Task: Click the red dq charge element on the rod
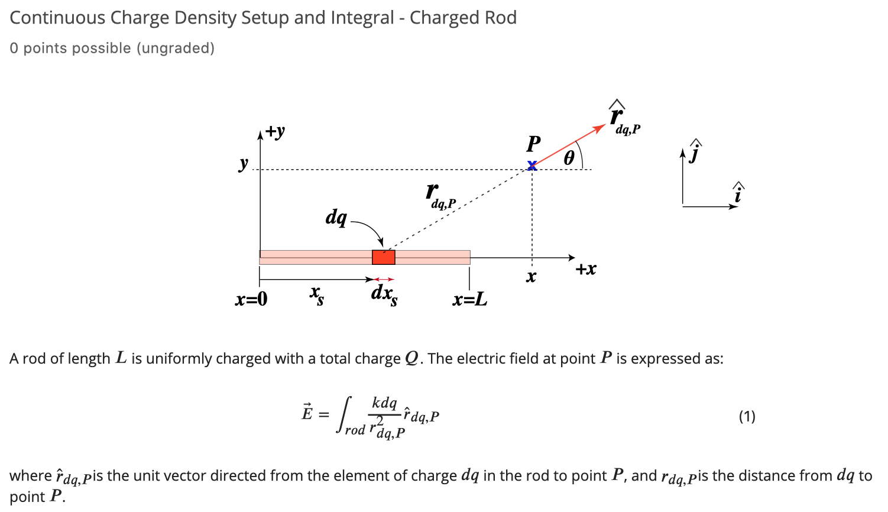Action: [x=383, y=257]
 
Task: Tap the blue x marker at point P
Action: [x=532, y=166]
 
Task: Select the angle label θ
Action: [x=569, y=157]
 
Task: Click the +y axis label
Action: [x=275, y=131]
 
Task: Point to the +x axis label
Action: [x=586, y=269]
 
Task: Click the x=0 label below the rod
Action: [x=251, y=299]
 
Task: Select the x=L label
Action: [x=470, y=299]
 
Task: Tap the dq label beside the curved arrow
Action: [x=336, y=217]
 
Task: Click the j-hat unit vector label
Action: [x=695, y=152]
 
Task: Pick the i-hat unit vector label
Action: [x=738, y=193]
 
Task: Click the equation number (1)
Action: [x=747, y=417]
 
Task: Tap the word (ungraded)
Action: [x=176, y=48]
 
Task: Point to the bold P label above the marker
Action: [x=533, y=144]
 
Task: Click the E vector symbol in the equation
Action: [x=307, y=412]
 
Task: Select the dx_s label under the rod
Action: [x=384, y=293]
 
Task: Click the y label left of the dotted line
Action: [x=243, y=163]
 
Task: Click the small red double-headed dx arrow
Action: [x=384, y=279]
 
